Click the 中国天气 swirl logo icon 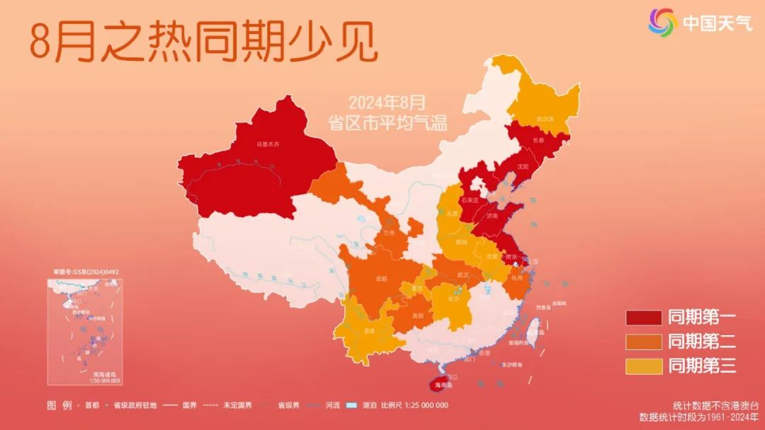click(x=663, y=23)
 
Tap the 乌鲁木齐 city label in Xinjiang click(x=268, y=144)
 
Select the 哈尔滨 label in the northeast click(x=545, y=119)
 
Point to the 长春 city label click(x=538, y=140)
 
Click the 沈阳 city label click(x=523, y=167)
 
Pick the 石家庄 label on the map click(x=470, y=200)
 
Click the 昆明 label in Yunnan click(x=369, y=330)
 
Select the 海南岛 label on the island click(x=443, y=385)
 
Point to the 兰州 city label click(x=387, y=232)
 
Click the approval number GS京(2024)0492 click(x=86, y=272)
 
